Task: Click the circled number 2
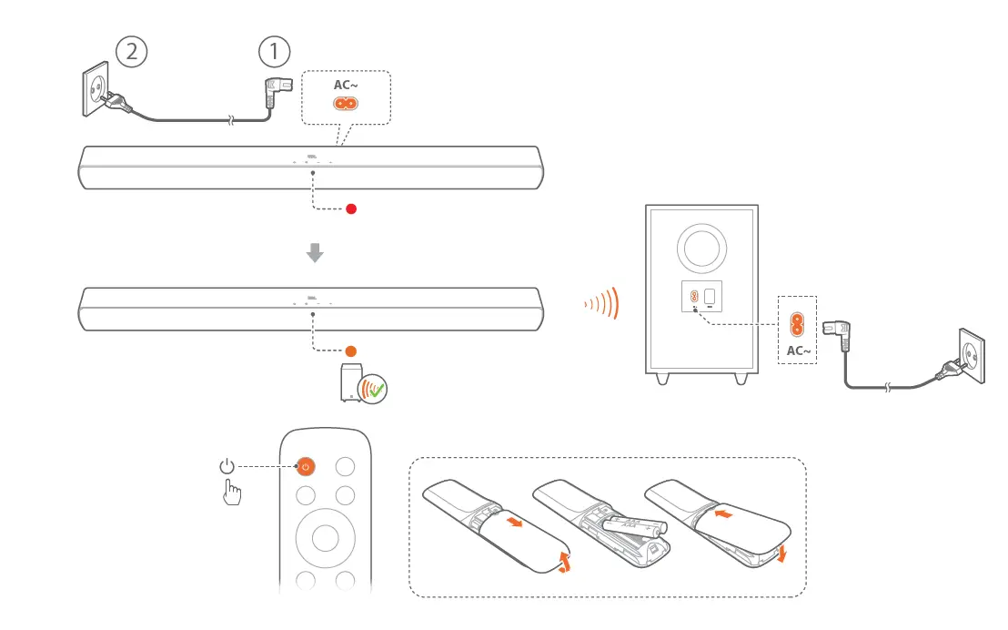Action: (132, 51)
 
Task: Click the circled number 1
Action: (274, 51)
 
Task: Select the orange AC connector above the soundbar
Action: (345, 104)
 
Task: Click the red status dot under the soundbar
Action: (351, 208)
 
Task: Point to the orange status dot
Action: (351, 351)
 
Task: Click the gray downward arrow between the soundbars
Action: (315, 252)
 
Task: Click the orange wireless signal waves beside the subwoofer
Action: (602, 302)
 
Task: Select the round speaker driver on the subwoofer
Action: (702, 246)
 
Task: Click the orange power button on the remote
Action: (306, 466)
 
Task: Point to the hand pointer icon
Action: (233, 493)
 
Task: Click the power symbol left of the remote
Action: (227, 467)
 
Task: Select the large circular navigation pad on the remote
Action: (325, 536)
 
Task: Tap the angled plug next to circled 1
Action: (275, 88)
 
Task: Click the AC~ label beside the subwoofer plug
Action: (797, 351)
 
